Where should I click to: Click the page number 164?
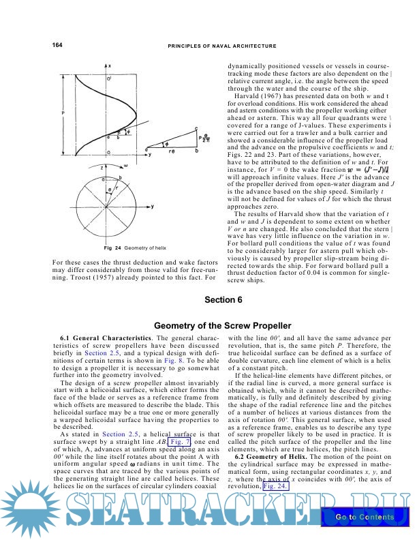(x=57, y=45)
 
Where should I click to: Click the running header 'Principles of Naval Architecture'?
(x=221, y=46)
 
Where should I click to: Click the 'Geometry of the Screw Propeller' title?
(x=222, y=325)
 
